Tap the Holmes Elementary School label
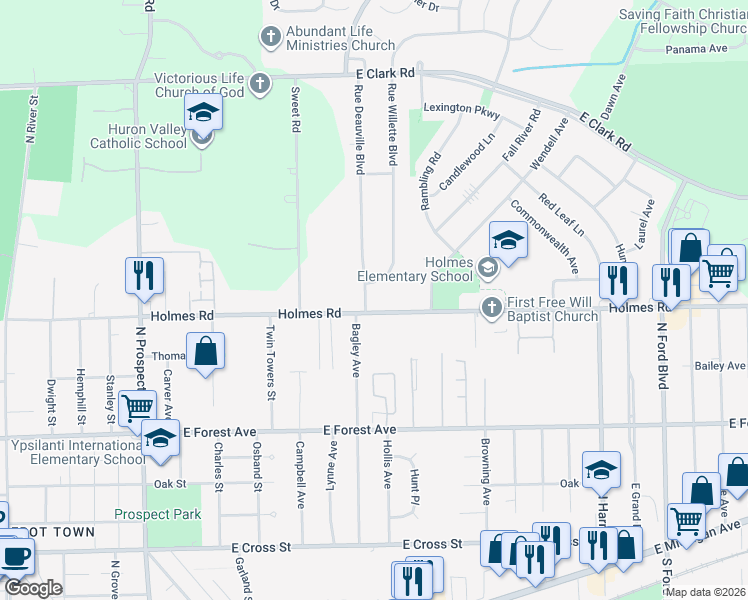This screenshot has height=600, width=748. [x=415, y=269]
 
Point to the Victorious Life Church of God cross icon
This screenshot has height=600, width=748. [x=260, y=83]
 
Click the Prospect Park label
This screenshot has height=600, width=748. [x=157, y=515]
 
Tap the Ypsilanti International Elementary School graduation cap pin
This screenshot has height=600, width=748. [x=160, y=439]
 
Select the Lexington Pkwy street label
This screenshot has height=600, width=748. [x=461, y=107]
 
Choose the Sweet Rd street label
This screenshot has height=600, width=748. [x=296, y=109]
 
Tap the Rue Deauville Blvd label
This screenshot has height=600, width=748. [x=357, y=129]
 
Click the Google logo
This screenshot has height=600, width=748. [x=33, y=588]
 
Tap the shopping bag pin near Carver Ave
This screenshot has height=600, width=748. [x=205, y=351]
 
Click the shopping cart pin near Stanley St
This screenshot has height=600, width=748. [x=137, y=407]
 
